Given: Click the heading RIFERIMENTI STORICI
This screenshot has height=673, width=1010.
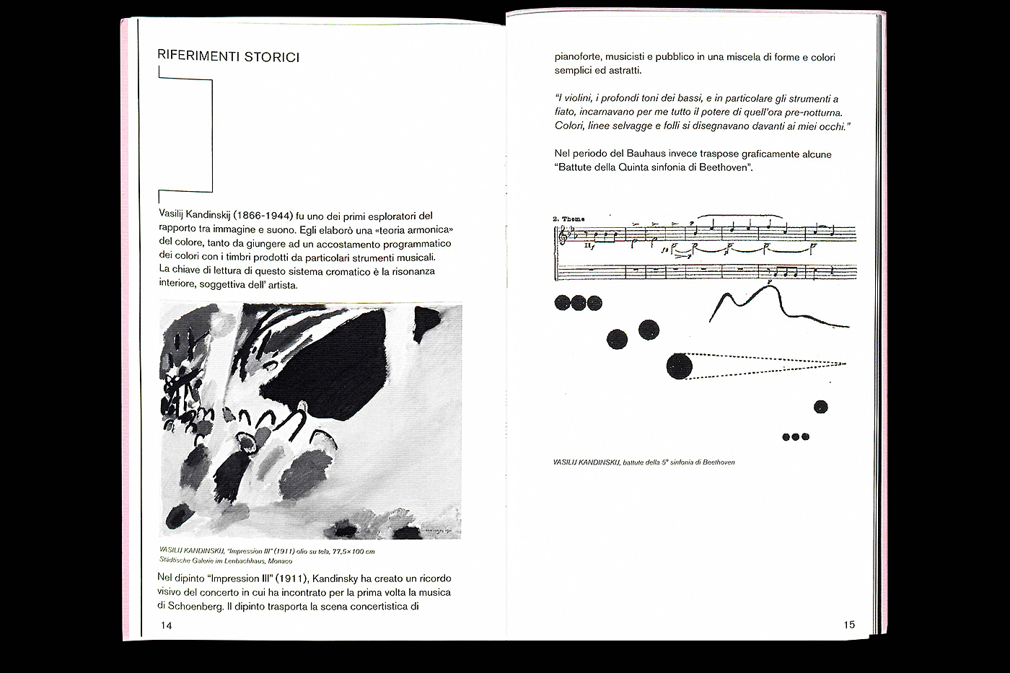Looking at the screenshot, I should (228, 56).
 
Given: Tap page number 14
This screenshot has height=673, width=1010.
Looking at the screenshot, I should (166, 625).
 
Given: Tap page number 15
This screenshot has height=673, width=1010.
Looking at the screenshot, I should (848, 625).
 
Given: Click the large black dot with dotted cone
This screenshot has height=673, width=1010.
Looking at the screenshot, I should (679, 366).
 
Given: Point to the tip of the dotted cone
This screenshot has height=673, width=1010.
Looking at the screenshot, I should (846, 364).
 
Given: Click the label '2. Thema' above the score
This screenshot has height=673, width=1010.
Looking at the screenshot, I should (568, 219).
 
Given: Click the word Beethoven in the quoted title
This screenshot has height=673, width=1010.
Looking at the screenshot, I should (724, 167).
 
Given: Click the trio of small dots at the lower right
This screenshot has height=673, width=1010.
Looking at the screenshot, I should (795, 436).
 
